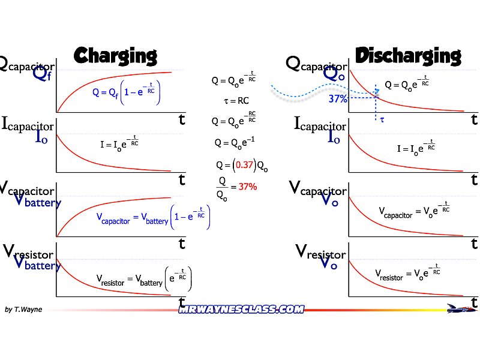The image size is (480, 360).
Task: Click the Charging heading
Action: (x=115, y=56)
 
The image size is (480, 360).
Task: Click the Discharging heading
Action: (x=408, y=56)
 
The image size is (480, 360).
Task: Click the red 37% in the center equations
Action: (x=248, y=187)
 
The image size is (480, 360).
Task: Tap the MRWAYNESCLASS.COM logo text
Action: (x=241, y=310)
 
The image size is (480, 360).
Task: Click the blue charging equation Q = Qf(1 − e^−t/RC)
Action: (x=126, y=92)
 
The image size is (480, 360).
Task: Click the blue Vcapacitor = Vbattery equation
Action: (x=154, y=217)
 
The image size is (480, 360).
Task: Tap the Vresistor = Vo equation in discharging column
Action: (x=408, y=273)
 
